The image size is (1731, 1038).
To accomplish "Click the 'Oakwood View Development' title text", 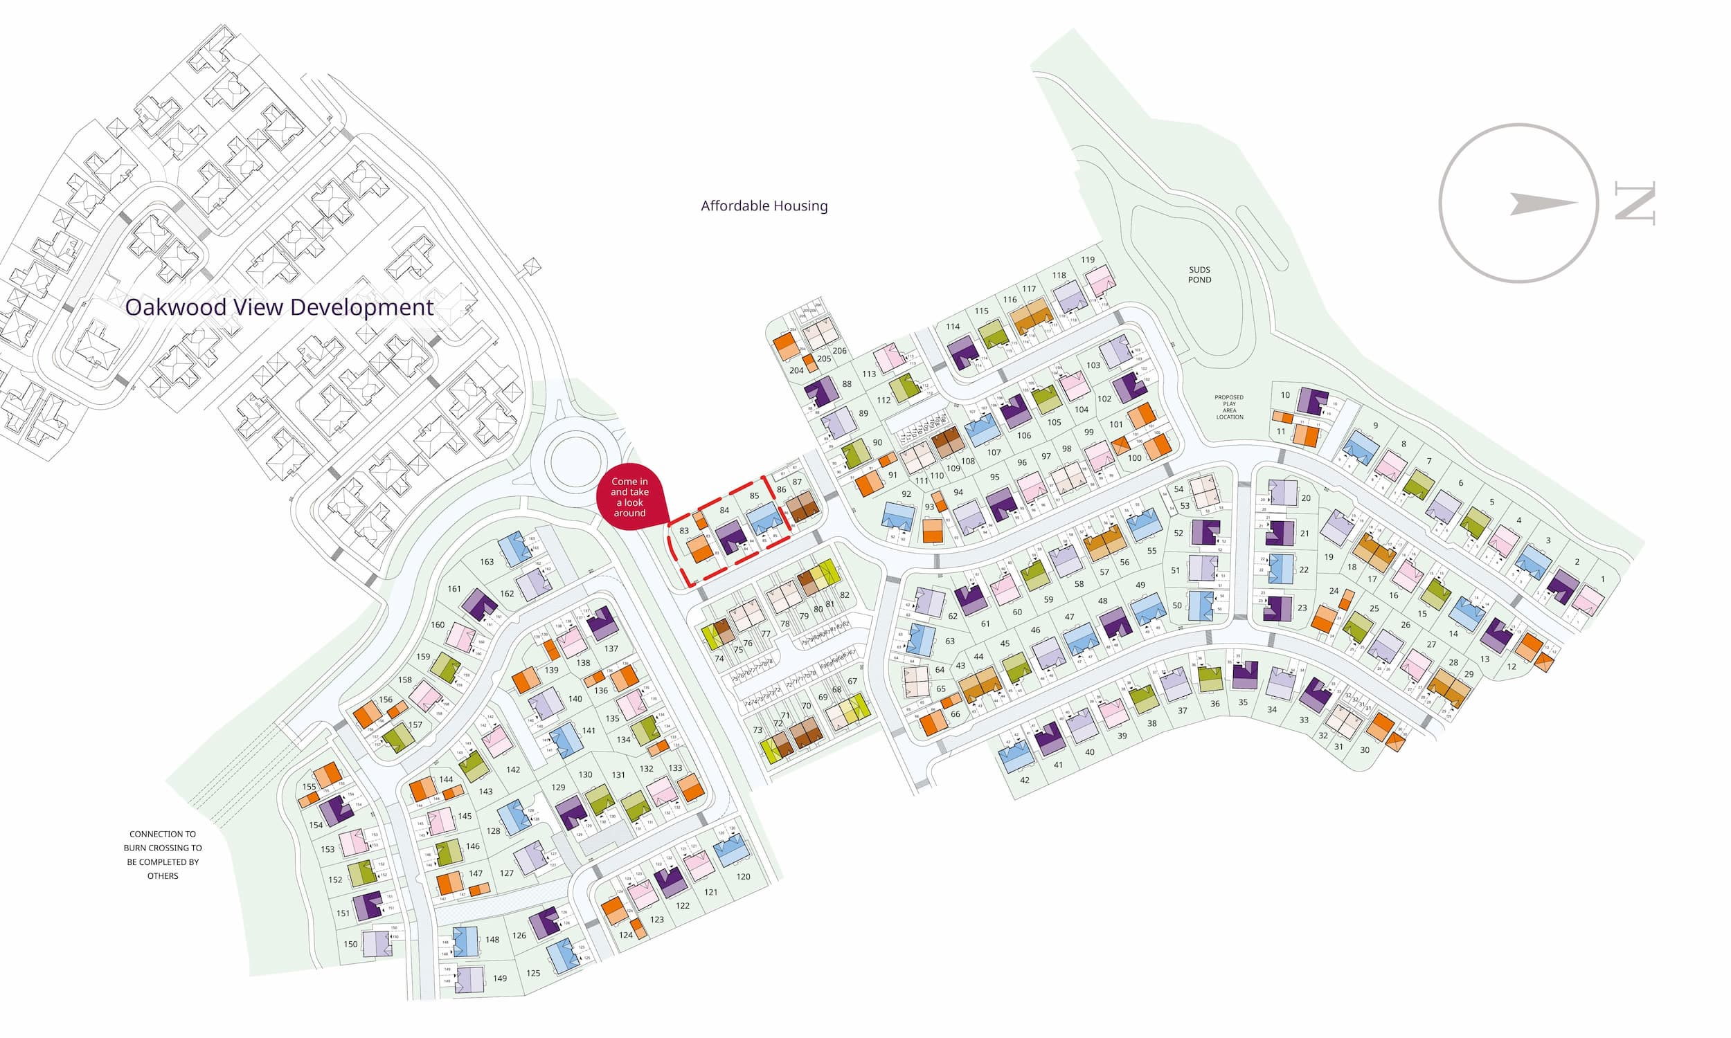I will pos(279,308).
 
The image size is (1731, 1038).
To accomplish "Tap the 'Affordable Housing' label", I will pos(764,206).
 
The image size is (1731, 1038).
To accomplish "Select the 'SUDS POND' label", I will pos(1199,275).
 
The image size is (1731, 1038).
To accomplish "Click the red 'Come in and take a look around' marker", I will pos(629,497).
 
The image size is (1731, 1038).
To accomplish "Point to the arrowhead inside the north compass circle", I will pos(1539,203).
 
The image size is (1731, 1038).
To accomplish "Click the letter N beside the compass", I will pos(1635,203).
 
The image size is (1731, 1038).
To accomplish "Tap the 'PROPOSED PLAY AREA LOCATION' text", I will pos(1229,407).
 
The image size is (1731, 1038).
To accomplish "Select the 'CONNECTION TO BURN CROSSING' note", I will pos(162,854).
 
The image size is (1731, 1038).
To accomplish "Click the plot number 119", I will pos(1087,259).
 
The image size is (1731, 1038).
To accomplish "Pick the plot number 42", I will pos(1024,780).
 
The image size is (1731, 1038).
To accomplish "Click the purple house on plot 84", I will pos(731,536).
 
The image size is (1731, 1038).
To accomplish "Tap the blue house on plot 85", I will pos(764,519).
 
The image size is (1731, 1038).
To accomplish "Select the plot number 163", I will pos(487,562).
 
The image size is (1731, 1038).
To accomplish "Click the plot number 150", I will pos(350,945).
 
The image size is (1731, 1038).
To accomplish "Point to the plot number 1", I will pos(1603,579).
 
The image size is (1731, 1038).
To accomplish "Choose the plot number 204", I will pos(796,370).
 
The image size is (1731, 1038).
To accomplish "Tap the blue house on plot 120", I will pos(730,850).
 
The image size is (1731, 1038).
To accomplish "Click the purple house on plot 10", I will pos(1311,401).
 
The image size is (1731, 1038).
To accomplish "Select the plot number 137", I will pos(611,648).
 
